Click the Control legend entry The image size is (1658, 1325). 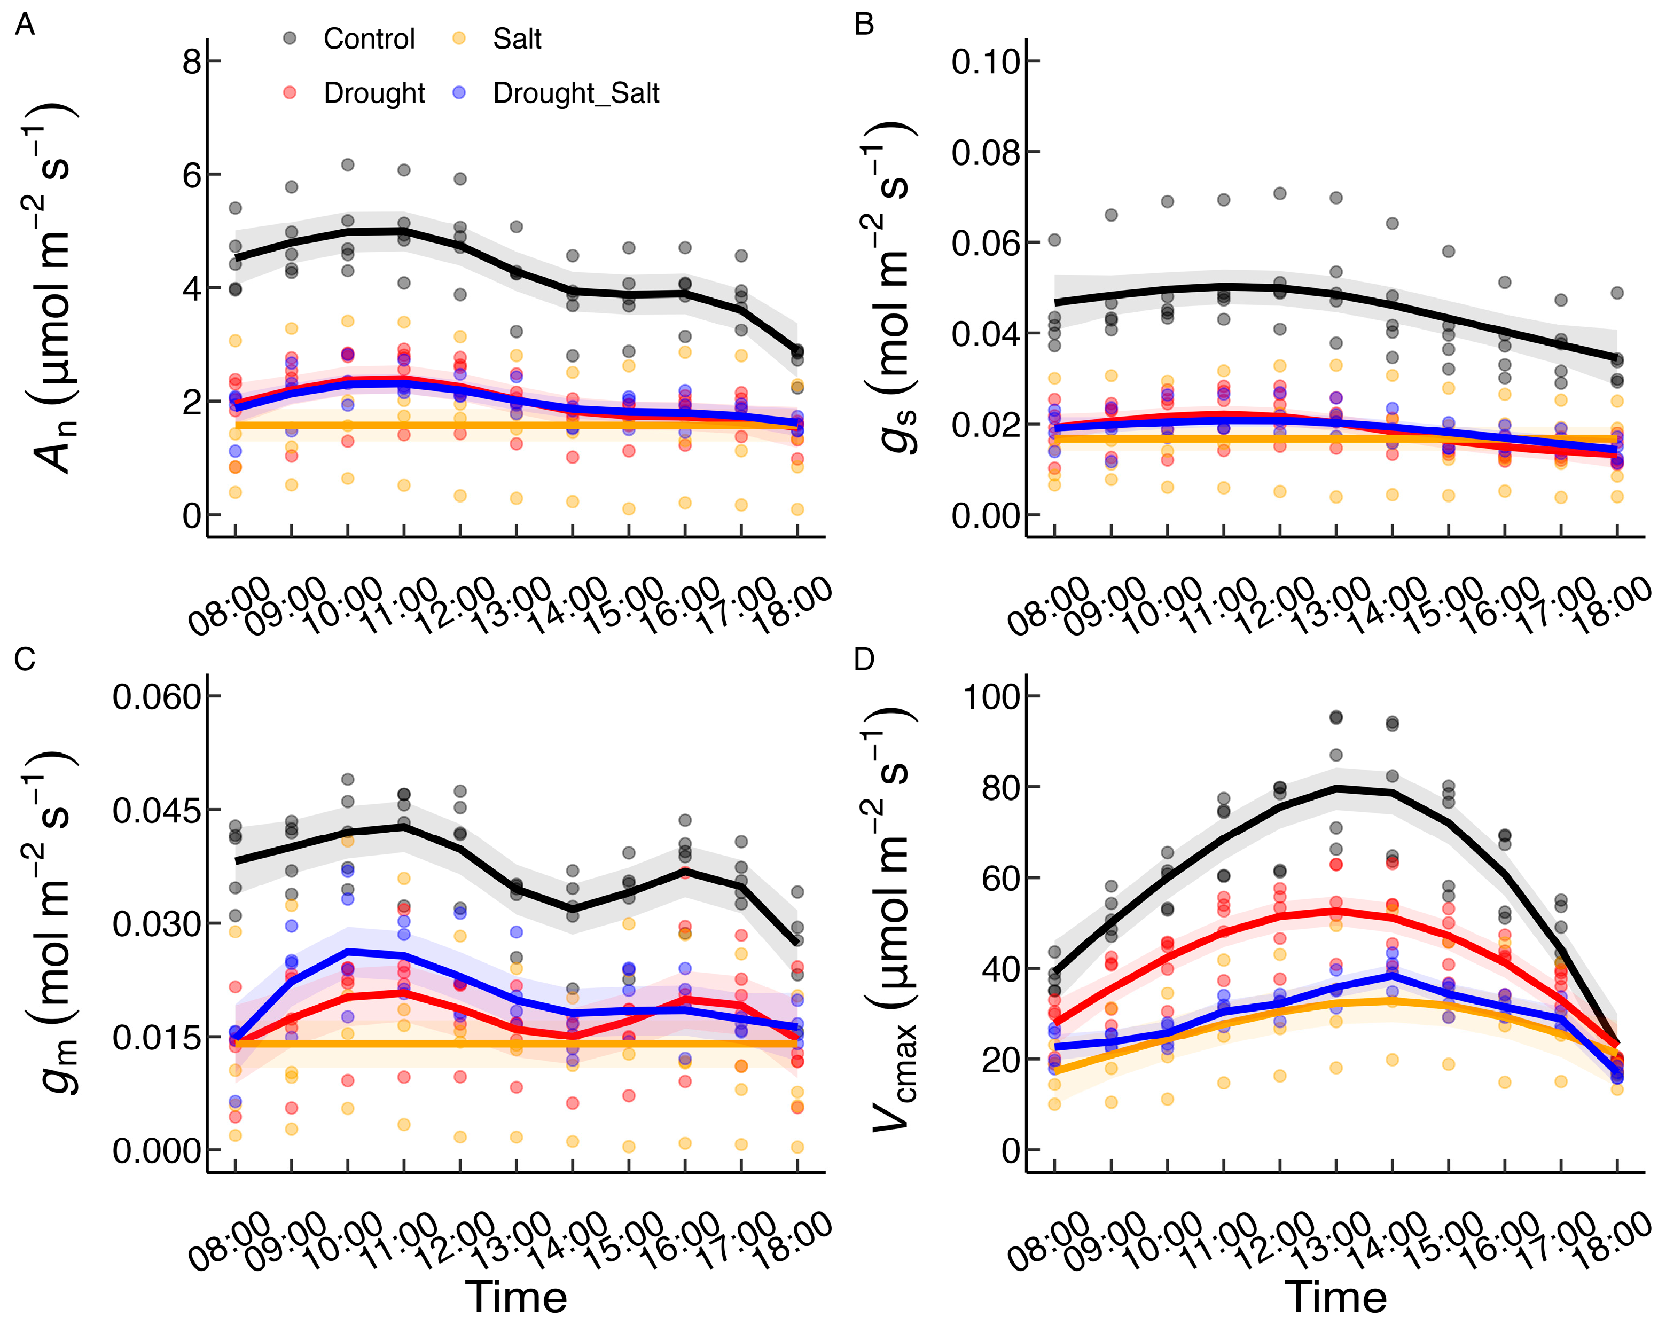point(369,38)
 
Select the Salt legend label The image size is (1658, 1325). point(517,38)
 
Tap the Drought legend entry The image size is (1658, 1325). point(374,93)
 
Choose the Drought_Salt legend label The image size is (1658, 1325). point(576,93)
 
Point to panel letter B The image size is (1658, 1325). point(864,26)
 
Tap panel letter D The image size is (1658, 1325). point(864,659)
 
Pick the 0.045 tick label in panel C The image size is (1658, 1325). point(157,810)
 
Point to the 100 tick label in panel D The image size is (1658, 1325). point(991,697)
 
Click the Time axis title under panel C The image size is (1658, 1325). point(516,1297)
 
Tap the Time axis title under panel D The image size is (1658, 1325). point(1336,1297)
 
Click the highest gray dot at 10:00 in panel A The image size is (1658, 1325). point(348,164)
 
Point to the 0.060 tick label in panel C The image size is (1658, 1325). point(157,697)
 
